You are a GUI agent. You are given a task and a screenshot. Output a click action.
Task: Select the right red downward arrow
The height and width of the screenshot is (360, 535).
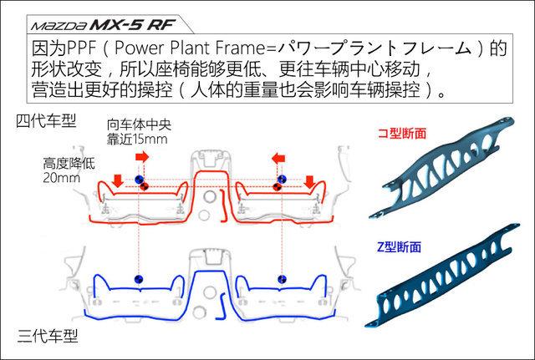click(x=311, y=180)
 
